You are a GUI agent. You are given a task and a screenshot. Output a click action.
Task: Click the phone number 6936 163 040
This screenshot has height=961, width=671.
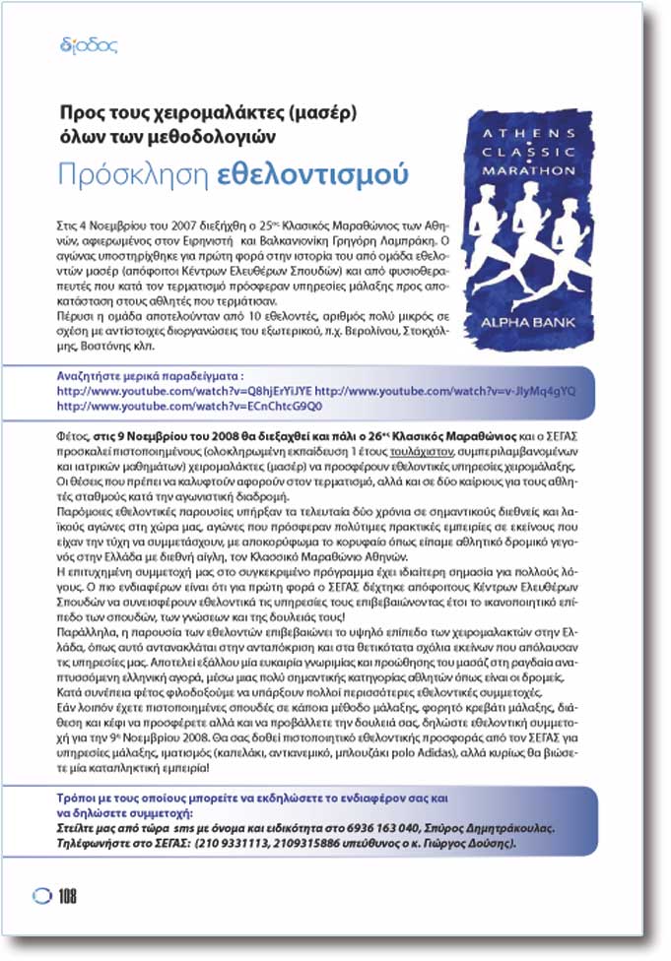pos(421,829)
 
